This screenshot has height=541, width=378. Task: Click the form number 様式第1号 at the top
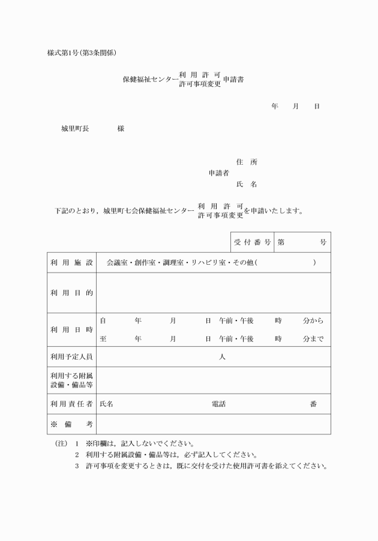(61, 53)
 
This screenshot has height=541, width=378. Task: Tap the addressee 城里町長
(75, 129)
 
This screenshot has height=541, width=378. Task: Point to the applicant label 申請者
(219, 173)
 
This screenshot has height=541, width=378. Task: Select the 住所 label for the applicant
(247, 162)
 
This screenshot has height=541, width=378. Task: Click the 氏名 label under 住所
(247, 185)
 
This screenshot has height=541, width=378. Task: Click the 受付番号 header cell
(252, 242)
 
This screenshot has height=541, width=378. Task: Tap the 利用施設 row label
(71, 262)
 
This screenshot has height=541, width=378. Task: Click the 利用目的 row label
(71, 293)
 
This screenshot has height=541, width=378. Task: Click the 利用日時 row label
(71, 330)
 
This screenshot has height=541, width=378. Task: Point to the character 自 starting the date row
(103, 321)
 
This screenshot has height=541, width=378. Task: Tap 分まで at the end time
(313, 338)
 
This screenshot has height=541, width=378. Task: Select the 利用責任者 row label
(71, 404)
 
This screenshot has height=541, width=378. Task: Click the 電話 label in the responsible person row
(219, 404)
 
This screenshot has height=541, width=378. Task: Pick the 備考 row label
(71, 424)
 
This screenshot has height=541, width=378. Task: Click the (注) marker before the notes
(61, 444)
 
